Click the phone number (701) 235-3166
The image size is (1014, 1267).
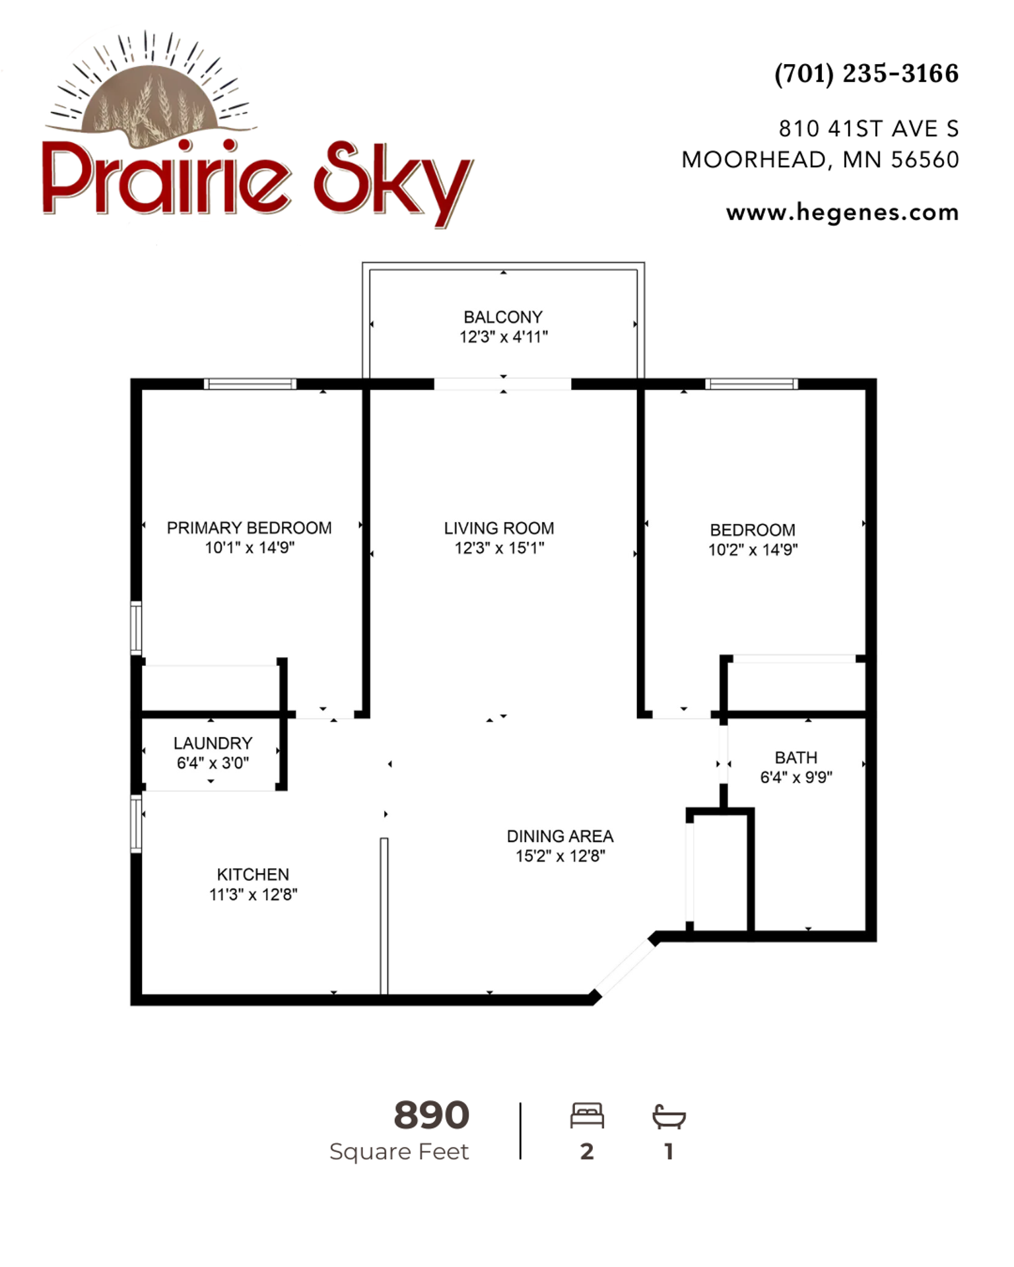click(866, 74)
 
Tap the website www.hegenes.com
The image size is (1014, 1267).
click(842, 212)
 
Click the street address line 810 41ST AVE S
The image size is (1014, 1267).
click(869, 129)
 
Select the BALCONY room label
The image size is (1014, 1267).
click(503, 317)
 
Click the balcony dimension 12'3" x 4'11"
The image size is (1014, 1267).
click(504, 337)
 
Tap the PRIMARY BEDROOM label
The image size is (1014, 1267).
click(250, 528)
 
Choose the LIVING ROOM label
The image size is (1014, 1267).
click(499, 528)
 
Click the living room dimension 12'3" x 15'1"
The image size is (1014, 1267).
click(499, 548)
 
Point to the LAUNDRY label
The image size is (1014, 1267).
click(213, 743)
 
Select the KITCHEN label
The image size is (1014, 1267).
click(253, 874)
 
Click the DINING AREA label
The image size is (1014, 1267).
click(560, 836)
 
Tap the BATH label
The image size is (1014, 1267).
click(796, 758)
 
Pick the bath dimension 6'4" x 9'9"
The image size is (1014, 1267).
click(796, 777)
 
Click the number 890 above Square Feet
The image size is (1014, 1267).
click(432, 1115)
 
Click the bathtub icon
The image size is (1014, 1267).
click(669, 1117)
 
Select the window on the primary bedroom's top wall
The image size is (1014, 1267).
click(250, 384)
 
